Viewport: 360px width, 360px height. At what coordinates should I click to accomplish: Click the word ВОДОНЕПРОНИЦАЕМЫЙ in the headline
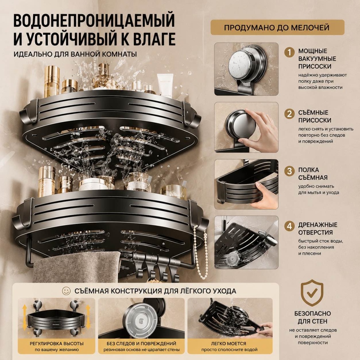(94, 21)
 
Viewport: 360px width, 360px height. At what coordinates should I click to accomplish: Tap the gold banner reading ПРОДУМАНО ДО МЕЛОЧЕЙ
(277, 28)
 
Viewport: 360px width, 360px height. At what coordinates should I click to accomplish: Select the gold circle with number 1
(289, 53)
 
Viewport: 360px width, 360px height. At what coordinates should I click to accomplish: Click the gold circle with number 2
(289, 114)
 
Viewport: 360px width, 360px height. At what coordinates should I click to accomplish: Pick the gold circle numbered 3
(289, 171)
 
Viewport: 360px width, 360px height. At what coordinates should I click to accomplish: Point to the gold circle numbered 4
(289, 226)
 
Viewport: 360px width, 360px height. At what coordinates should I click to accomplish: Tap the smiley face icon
(66, 291)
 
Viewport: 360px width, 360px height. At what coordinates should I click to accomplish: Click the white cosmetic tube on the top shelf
(165, 85)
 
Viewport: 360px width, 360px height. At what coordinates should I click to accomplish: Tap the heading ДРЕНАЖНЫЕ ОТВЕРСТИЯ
(318, 228)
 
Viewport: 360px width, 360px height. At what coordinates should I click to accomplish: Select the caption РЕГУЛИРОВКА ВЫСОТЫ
(56, 344)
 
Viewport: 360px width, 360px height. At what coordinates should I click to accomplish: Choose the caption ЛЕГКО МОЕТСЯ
(228, 344)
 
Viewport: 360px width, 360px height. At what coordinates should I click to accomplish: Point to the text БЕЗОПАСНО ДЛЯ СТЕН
(312, 317)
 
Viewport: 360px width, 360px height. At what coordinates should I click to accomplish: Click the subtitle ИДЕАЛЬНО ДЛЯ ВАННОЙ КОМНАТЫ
(75, 54)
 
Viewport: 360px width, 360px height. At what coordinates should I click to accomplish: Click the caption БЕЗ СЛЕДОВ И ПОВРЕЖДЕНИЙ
(141, 344)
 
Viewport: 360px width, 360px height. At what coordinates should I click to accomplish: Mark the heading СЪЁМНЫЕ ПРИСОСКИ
(315, 116)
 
